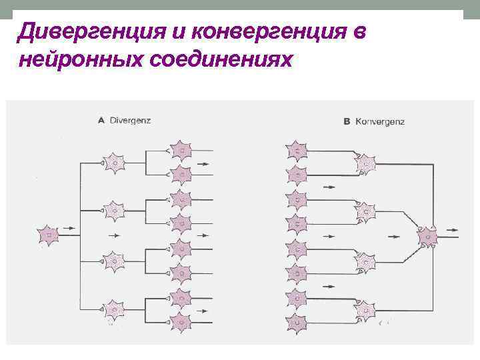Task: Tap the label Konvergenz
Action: click(x=380, y=121)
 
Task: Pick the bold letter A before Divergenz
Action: click(x=101, y=121)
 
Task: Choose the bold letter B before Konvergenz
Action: click(x=347, y=121)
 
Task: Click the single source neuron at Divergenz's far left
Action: click(x=48, y=235)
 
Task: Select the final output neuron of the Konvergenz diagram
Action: click(x=427, y=235)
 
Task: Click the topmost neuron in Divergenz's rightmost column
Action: click(x=181, y=151)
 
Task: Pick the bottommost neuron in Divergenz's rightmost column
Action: click(x=181, y=323)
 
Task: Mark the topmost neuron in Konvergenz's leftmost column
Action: click(x=296, y=151)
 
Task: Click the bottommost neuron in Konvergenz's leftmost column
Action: click(x=296, y=323)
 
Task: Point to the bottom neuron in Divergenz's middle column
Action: click(x=115, y=310)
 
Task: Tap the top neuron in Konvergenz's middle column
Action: click(x=365, y=162)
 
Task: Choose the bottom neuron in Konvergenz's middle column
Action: click(x=365, y=311)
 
